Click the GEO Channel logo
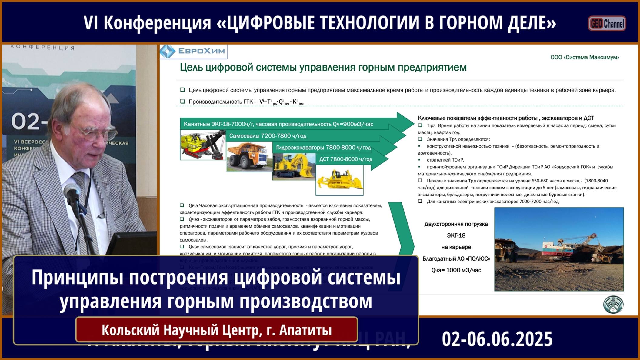(x=607, y=23)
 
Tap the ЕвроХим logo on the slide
(x=193, y=51)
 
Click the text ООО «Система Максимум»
(x=585, y=57)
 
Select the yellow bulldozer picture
(x=339, y=180)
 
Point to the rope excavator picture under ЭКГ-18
(x=203, y=145)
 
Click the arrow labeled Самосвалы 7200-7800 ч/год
(x=268, y=136)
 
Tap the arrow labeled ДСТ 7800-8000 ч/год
(x=346, y=159)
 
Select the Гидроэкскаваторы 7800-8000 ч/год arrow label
(x=323, y=148)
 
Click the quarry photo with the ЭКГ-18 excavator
(x=559, y=249)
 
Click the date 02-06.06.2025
(x=497, y=338)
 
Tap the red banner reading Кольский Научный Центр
(x=216, y=330)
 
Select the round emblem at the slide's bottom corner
(x=613, y=304)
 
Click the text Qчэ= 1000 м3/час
(x=456, y=270)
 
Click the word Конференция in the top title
(x=157, y=23)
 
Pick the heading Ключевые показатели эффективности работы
(x=505, y=118)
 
